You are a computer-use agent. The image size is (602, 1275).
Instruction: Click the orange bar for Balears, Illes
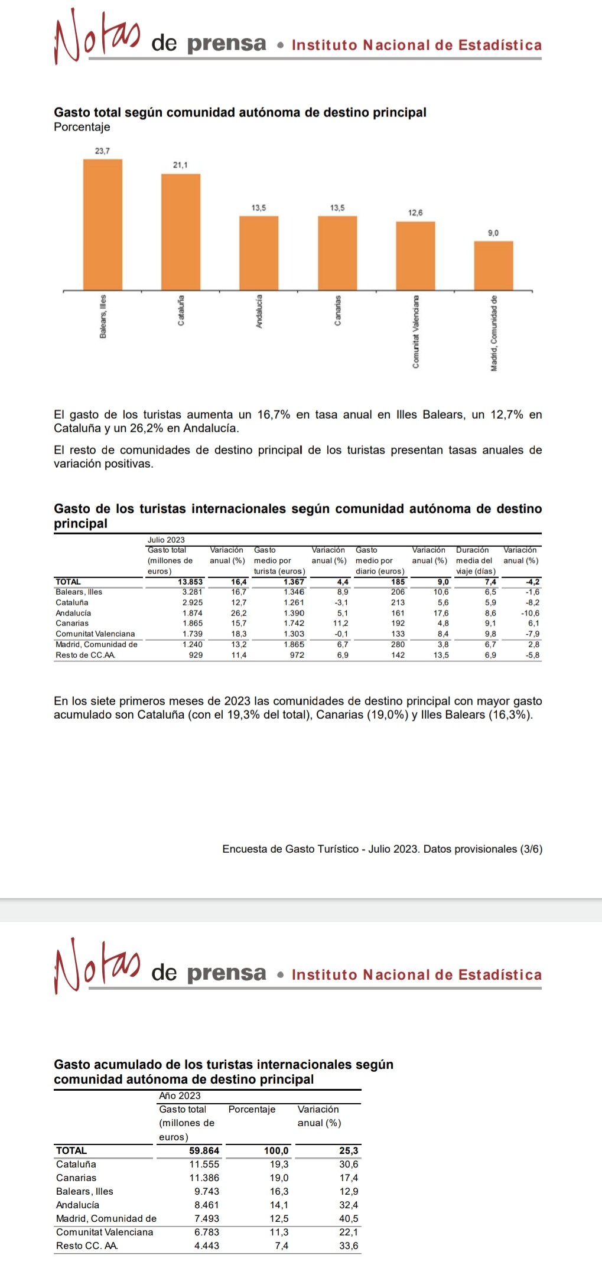coord(102,224)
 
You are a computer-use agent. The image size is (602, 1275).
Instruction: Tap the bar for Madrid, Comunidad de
coord(493,265)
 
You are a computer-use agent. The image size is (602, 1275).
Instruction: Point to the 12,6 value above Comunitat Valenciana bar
coord(415,213)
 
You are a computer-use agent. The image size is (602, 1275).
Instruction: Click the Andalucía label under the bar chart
coord(259,311)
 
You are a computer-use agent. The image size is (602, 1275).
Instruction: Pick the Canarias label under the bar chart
coord(337,310)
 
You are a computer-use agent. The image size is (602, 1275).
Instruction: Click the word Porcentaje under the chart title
coord(82,127)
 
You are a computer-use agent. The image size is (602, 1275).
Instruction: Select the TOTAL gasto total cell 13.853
coord(190,582)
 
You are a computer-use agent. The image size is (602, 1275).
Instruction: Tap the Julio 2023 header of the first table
coord(166,540)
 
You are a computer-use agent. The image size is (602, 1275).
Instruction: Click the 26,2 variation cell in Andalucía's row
coord(239,613)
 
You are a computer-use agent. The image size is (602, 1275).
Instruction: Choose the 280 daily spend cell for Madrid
coord(398,644)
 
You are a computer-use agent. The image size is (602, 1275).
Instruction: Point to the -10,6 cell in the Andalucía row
coord(530,613)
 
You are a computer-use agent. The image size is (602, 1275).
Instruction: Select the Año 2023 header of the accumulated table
coord(180,1095)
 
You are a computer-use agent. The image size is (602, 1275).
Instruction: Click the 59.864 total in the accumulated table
coord(204,1150)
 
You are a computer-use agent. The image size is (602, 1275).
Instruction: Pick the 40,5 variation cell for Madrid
coord(349,1218)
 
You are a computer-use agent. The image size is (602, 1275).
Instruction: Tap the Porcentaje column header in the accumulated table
coord(252,1109)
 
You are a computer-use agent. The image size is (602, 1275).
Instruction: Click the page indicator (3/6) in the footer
coord(531,849)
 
